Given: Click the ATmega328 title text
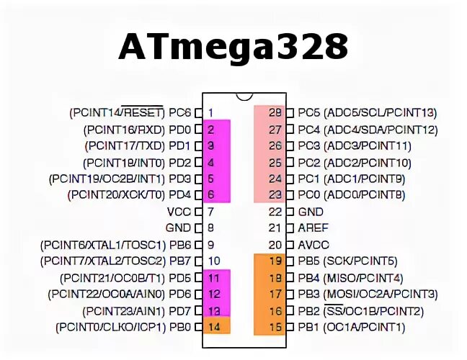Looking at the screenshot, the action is click(x=233, y=48).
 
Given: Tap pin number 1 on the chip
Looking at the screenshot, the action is click(x=210, y=113).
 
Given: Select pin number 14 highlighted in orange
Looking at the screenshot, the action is click(x=213, y=327).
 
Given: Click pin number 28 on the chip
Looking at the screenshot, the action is click(x=275, y=113).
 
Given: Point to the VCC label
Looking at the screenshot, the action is click(x=179, y=212).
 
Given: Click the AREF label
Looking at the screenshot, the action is click(x=313, y=228).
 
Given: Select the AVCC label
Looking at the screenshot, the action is click(x=313, y=245).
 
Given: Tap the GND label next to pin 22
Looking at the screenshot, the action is click(x=311, y=212).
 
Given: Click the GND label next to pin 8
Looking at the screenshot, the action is click(x=178, y=228).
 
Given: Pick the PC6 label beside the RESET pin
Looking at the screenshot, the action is click(x=180, y=113).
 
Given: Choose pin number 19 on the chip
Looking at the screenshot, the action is click(x=275, y=261).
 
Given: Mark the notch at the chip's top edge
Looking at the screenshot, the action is click(x=244, y=96).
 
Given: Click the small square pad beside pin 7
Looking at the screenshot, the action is click(x=198, y=212).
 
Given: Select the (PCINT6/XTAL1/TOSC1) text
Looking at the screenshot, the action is click(x=103, y=245).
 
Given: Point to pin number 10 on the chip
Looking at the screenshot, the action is click(x=213, y=261).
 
